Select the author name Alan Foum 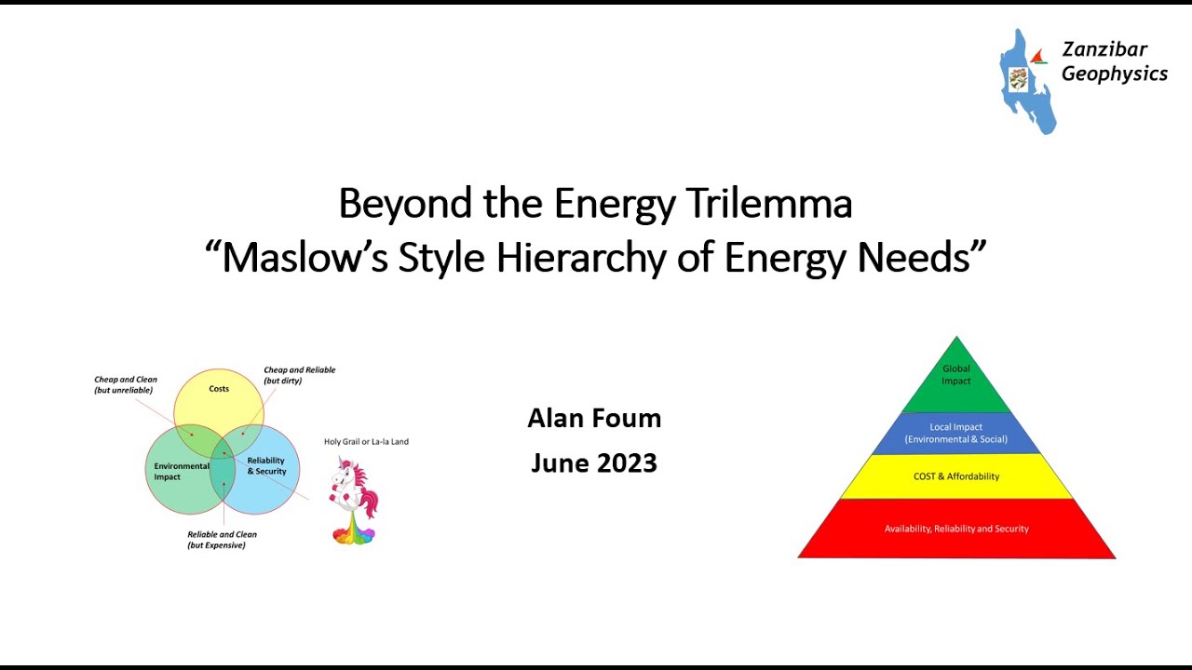[x=594, y=419]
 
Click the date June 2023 [x=594, y=462]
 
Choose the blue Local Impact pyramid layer [x=956, y=434]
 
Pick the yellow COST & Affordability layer [x=956, y=476]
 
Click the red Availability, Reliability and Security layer [x=956, y=529]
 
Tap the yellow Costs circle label [x=219, y=389]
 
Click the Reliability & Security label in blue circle [x=266, y=466]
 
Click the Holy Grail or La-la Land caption [x=366, y=442]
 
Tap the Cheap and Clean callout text [x=126, y=384]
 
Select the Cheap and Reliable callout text [x=299, y=375]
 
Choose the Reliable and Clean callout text [x=222, y=540]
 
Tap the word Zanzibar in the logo [x=1104, y=50]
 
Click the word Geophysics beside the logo [x=1114, y=74]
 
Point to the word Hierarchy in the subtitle [x=581, y=258]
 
